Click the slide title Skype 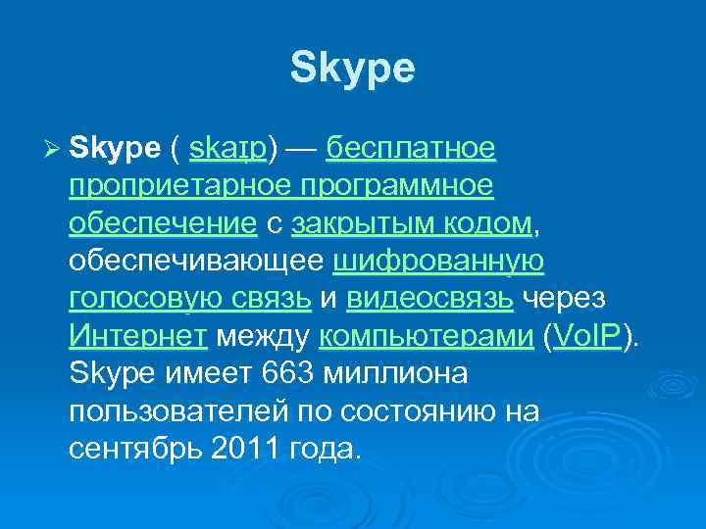point(353,68)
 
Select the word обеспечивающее point(197,262)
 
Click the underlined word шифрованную point(438,262)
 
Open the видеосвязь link point(429,299)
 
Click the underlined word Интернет point(138,336)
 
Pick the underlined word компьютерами point(427,336)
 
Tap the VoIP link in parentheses point(587,336)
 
